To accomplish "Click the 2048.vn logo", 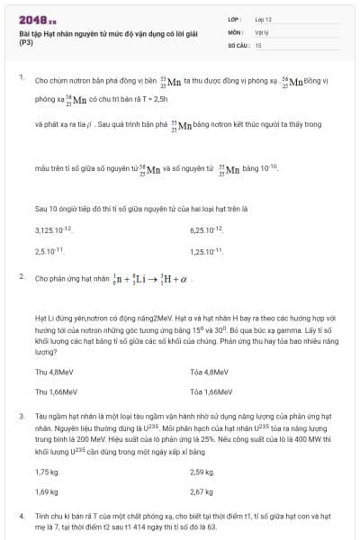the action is click(37, 19).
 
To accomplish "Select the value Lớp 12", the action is click(263, 18).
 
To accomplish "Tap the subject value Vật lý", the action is click(262, 31).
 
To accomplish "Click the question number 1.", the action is click(22, 77).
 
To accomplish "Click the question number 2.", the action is click(22, 277).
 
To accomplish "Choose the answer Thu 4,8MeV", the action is click(54, 371).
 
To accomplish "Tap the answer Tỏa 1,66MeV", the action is click(211, 391).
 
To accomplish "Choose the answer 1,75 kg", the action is click(47, 472).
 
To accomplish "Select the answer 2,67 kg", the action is click(202, 491).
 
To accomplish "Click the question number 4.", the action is click(22, 516).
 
